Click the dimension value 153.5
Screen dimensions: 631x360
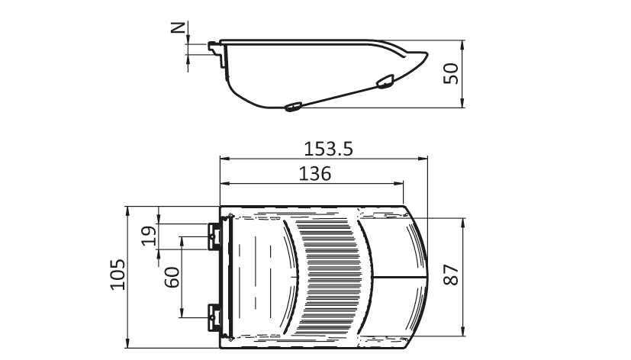point(328,149)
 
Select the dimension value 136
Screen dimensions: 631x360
point(315,174)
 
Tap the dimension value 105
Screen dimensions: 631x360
point(118,275)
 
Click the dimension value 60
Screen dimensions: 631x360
point(172,277)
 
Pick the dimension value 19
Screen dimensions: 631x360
point(149,236)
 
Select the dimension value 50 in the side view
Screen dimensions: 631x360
point(451,74)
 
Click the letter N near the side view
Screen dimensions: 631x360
point(178,27)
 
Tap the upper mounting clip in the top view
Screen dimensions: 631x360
point(214,236)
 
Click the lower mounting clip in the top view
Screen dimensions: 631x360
point(214,317)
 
